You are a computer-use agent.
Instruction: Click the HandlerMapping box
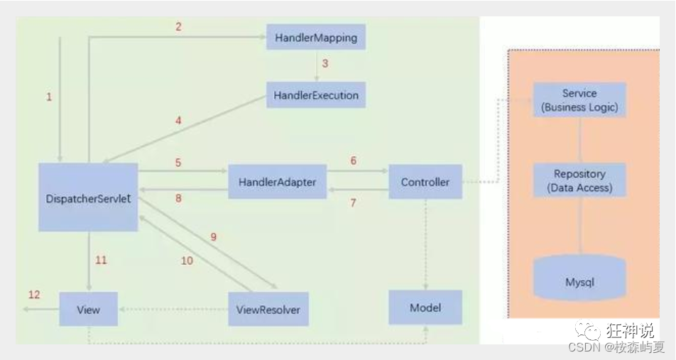pyautogui.click(x=316, y=36)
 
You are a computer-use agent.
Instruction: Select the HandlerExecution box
pyautogui.click(x=316, y=95)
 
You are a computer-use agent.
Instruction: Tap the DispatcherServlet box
pyautogui.click(x=88, y=197)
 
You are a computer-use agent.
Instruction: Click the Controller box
pyautogui.click(x=425, y=182)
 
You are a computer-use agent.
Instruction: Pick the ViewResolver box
pyautogui.click(x=268, y=310)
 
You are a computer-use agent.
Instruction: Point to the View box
pyautogui.click(x=88, y=310)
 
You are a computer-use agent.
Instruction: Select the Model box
pyautogui.click(x=425, y=307)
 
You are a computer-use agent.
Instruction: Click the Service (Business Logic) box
pyautogui.click(x=579, y=100)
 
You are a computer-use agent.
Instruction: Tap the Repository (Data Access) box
pyautogui.click(x=579, y=180)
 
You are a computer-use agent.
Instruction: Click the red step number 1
pyautogui.click(x=49, y=97)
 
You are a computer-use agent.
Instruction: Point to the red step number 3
pyautogui.click(x=325, y=63)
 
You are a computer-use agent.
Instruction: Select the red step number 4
pyautogui.click(x=178, y=121)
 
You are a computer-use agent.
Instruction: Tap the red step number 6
pyautogui.click(x=353, y=161)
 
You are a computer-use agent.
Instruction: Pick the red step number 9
pyautogui.click(x=213, y=237)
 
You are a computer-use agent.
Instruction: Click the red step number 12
pyautogui.click(x=34, y=295)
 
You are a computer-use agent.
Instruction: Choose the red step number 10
pyautogui.click(x=187, y=261)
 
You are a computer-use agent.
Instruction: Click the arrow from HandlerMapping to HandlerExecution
pyautogui.click(x=316, y=65)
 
